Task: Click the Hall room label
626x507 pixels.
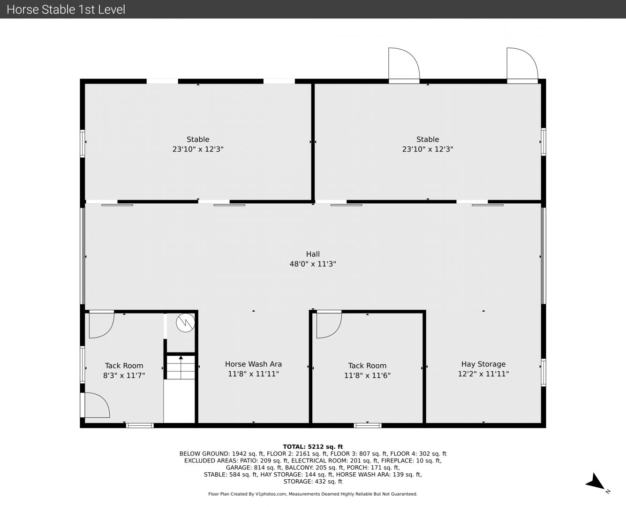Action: tap(313, 254)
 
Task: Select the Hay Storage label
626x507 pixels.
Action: tap(483, 364)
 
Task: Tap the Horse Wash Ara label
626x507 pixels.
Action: tap(253, 364)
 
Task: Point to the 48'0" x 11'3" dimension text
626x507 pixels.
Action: tap(313, 264)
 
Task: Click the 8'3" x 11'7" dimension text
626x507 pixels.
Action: tap(124, 376)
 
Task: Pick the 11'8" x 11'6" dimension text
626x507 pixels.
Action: tap(367, 376)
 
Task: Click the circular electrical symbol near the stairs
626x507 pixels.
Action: tap(185, 323)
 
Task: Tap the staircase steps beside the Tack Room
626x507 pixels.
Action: tap(181, 367)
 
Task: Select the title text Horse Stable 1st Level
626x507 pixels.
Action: tap(66, 9)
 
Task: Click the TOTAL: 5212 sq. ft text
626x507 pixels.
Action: tap(313, 447)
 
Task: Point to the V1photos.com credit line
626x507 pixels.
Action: tap(313, 494)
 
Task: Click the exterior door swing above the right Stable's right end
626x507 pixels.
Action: tap(522, 63)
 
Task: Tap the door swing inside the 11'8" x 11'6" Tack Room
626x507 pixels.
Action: tap(329, 325)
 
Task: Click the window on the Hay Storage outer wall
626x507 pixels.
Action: tap(543, 372)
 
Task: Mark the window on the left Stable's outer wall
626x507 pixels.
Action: tap(82, 143)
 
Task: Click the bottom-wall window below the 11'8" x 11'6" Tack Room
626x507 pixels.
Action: tap(367, 425)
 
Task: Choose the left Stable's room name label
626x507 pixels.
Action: tap(198, 139)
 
